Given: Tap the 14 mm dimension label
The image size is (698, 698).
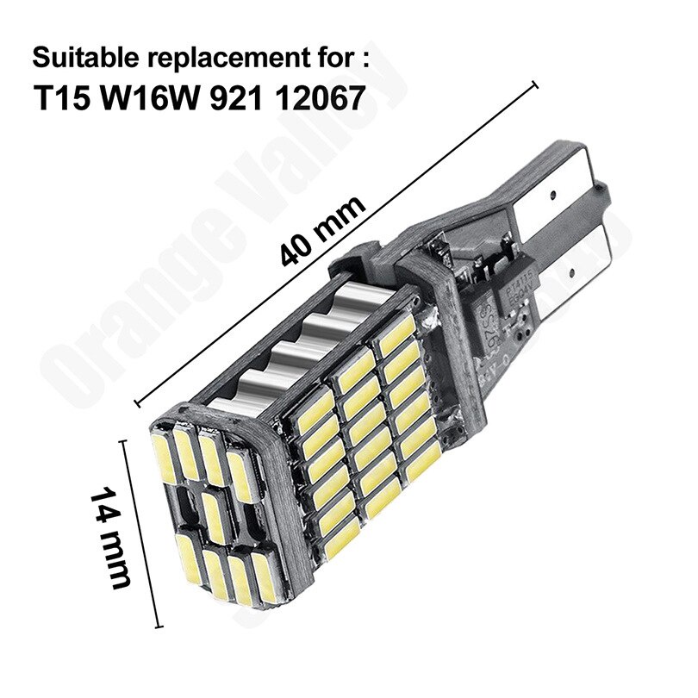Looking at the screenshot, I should click(112, 538).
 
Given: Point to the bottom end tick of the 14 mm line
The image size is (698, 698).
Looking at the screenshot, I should click(160, 626).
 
